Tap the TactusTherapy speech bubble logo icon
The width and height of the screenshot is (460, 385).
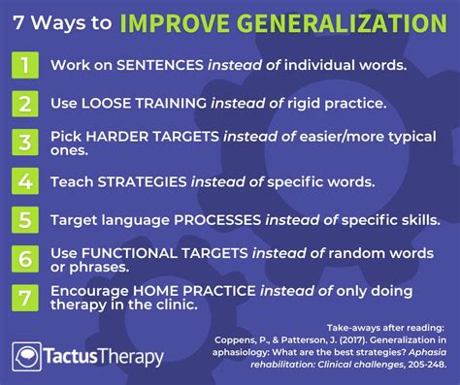(28, 357)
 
